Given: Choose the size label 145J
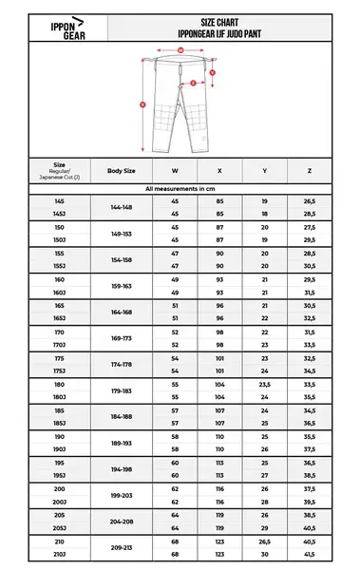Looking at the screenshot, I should point(46,215).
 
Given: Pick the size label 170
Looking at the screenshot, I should point(46,332).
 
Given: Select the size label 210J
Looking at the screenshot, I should point(46,553).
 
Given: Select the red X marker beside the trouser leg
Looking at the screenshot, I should point(142,104).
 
